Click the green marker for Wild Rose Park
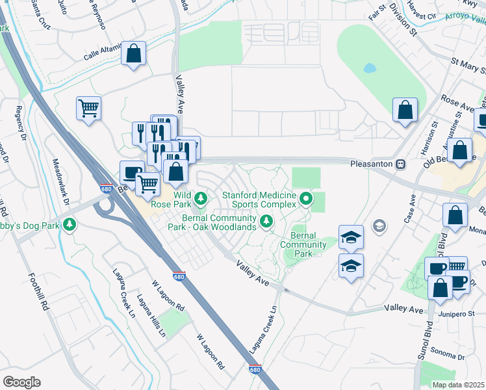coord(201,197)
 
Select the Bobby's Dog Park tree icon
coord(70,226)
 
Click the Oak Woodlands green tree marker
coord(266,222)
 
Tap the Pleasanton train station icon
coord(401,164)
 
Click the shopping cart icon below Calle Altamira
coord(88,108)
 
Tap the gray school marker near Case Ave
coord(379,226)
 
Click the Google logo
coord(21,382)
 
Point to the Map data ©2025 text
coord(458,385)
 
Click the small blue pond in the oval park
coord(370,68)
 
